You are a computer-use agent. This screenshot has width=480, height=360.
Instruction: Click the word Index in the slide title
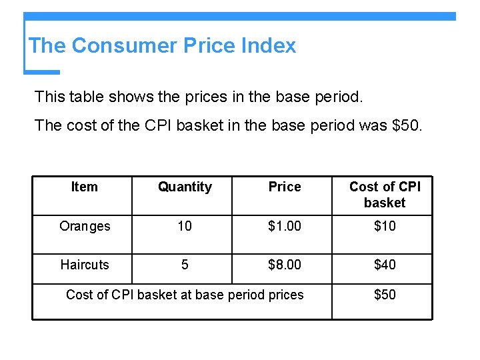click(268, 45)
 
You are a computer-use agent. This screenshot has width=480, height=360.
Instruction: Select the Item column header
click(84, 187)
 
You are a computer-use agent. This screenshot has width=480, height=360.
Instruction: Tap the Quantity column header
click(185, 187)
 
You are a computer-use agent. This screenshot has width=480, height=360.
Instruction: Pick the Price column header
click(285, 187)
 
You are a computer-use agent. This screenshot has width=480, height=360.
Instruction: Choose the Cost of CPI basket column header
click(385, 194)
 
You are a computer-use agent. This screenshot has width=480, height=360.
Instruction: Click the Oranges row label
click(85, 226)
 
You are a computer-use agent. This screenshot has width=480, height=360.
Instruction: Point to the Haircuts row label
click(85, 265)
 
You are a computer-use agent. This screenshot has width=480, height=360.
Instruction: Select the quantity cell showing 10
click(185, 226)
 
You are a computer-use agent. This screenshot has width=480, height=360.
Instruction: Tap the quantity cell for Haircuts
click(185, 265)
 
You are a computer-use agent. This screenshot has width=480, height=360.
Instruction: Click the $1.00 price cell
click(285, 226)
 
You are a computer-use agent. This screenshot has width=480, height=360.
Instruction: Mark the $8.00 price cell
click(285, 265)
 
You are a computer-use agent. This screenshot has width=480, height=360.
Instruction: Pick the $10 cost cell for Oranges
click(385, 226)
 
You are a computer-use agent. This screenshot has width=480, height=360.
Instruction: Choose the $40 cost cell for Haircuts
click(385, 265)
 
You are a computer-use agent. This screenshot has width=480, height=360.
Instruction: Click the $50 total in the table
click(385, 295)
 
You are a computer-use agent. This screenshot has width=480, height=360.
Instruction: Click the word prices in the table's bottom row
click(285, 295)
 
